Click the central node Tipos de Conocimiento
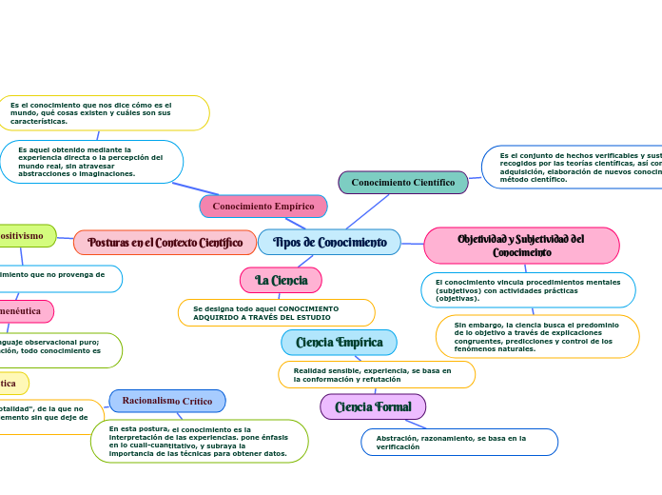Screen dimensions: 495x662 tap(329, 243)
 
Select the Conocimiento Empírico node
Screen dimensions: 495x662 tap(263, 207)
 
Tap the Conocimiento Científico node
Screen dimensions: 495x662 tap(403, 183)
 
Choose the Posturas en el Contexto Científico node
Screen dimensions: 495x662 tap(165, 243)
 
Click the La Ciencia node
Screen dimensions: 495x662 tap(281, 280)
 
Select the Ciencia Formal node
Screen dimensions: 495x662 tap(373, 407)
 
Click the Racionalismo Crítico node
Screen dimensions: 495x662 tap(167, 401)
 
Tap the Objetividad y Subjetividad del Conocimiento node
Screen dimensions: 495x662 tap(521, 246)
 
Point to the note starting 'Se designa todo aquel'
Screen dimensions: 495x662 tap(276, 312)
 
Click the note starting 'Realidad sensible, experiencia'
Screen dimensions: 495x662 tap(376, 375)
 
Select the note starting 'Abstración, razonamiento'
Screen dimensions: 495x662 tap(459, 442)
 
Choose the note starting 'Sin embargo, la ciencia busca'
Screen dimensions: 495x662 tap(537, 337)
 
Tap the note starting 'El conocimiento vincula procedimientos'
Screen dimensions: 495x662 tap(528, 290)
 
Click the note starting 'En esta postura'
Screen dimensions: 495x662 tap(199, 442)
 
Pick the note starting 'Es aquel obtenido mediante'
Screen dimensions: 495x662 tap(91, 162)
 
